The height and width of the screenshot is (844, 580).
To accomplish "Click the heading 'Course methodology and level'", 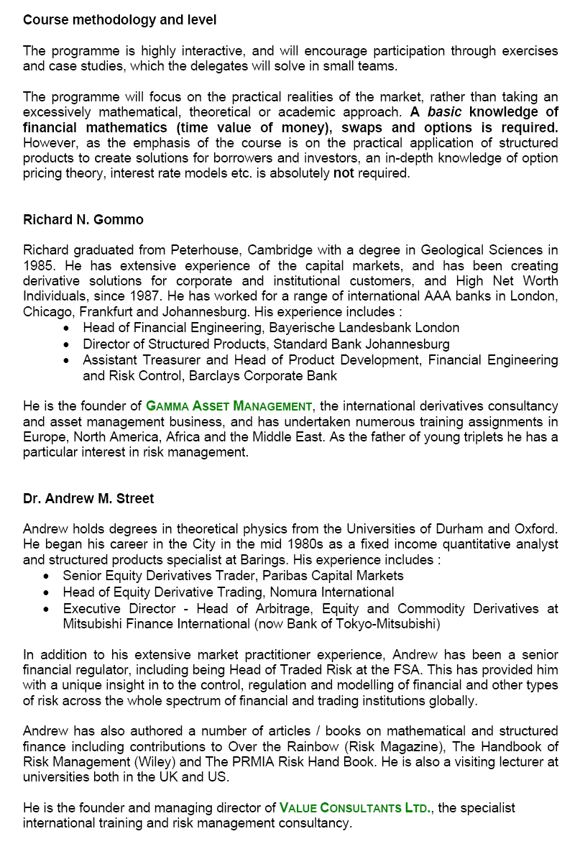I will pos(119,20).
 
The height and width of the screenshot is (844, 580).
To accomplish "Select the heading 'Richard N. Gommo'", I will pos(83,219).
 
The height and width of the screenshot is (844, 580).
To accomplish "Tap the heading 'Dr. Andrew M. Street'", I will pos(88,498).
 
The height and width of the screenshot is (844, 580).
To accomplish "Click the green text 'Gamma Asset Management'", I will pos(229,406).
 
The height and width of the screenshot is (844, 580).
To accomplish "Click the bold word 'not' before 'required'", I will pos(344,173).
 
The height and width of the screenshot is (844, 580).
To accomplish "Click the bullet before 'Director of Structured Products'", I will pos(67,344).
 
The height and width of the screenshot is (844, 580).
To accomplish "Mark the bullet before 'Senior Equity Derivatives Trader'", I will pos(47,576).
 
